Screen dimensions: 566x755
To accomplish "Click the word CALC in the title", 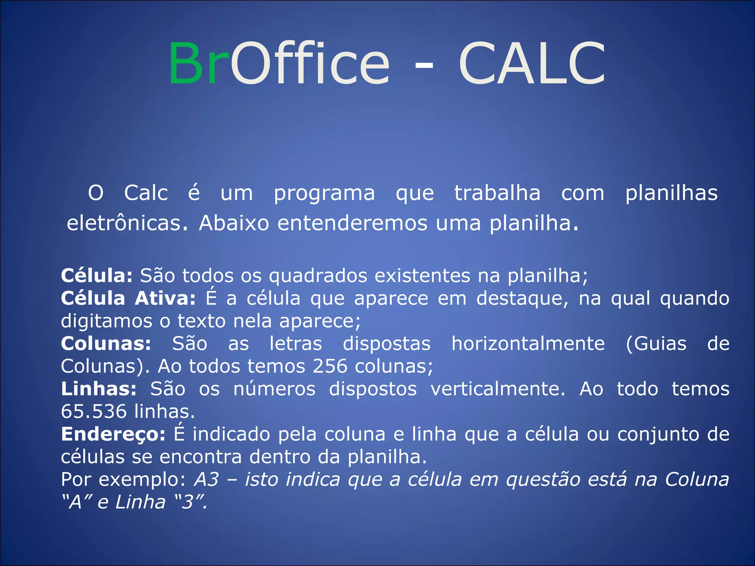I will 532,63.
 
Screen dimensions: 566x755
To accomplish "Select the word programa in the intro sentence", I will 324,193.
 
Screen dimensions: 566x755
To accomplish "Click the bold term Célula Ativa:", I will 128,298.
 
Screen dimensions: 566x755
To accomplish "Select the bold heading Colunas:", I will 106,343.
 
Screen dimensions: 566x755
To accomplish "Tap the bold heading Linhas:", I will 99,389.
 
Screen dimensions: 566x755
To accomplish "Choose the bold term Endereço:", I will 113,434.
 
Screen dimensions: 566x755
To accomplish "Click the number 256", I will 330,366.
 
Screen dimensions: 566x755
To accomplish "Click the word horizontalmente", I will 528,343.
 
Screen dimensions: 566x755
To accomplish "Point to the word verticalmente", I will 498,389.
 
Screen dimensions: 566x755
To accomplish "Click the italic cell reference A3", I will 207,479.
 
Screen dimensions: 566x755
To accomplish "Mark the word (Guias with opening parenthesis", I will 656,343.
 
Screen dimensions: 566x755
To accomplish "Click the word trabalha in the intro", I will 497,193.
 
